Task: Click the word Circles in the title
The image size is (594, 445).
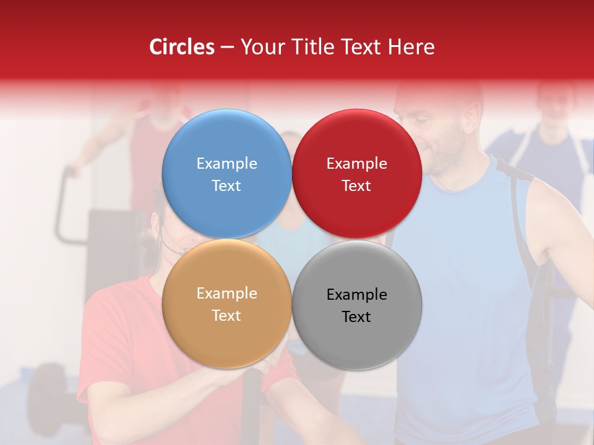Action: pos(181,47)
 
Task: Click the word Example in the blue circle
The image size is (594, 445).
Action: pos(226,164)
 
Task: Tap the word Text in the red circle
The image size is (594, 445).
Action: pos(356,186)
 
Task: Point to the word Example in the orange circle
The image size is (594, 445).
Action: pos(226,294)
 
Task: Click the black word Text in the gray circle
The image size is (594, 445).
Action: pos(356,317)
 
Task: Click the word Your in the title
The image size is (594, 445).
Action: pos(259,47)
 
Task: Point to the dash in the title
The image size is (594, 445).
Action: pos(227,48)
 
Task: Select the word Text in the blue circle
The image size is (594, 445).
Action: pos(226,186)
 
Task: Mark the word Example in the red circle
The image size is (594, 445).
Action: pos(356,164)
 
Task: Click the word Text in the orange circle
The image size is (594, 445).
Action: pos(226,316)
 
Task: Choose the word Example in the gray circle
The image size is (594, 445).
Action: pos(356,295)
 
